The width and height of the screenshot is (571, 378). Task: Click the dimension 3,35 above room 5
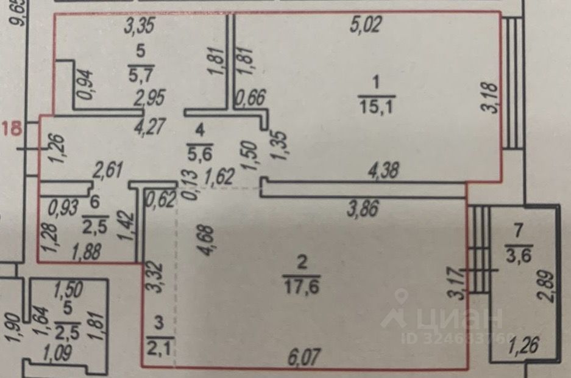138,26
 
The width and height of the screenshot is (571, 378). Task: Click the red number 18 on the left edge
12,129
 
